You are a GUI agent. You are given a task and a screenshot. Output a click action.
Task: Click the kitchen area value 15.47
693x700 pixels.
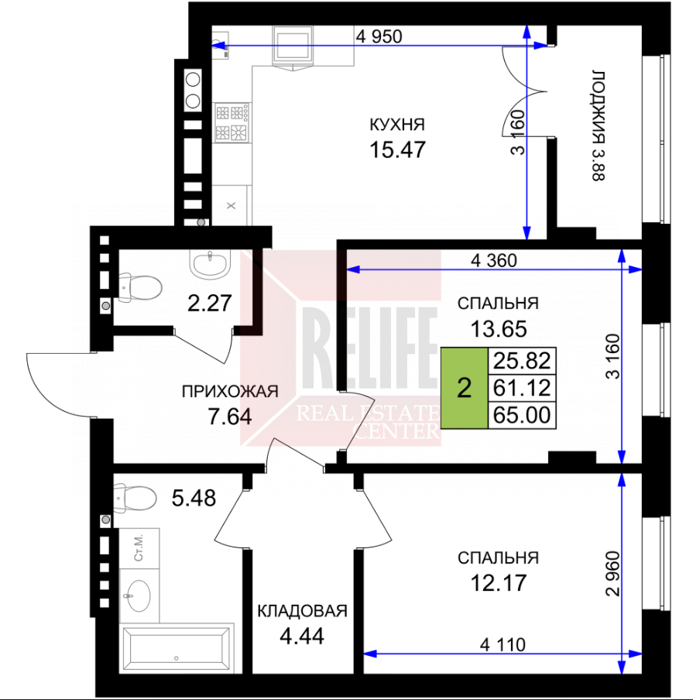point(397,149)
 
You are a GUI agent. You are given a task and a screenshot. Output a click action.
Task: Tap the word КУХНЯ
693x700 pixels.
point(397,125)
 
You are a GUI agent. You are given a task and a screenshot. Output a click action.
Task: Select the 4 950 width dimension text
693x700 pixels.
point(379,36)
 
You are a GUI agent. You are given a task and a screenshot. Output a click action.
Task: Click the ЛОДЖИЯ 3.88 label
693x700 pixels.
point(598,125)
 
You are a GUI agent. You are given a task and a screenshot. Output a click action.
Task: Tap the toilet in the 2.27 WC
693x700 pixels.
point(140,287)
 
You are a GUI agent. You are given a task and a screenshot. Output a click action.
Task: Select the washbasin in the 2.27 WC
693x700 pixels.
point(210,264)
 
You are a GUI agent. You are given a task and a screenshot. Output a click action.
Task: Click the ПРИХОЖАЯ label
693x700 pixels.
point(230,392)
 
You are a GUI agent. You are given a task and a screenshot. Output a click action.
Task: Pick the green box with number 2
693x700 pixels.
point(465,388)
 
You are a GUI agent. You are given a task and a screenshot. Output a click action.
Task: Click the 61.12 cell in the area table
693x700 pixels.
point(522,388)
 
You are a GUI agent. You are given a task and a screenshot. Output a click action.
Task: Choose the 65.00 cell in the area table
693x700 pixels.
point(522,415)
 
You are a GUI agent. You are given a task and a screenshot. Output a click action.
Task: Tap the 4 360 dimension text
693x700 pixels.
point(494,260)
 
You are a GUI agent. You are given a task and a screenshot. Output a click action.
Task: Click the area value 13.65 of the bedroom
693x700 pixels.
point(499,329)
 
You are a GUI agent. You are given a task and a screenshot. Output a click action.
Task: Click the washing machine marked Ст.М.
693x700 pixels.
point(139,549)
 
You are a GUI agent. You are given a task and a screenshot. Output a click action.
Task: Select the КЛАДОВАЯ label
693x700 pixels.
point(302,611)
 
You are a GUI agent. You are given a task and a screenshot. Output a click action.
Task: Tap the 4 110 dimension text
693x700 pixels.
point(503,645)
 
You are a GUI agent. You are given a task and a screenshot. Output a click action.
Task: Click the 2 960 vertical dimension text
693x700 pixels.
point(613,574)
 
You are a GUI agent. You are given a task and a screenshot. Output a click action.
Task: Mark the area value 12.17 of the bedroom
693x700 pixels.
point(499,582)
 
